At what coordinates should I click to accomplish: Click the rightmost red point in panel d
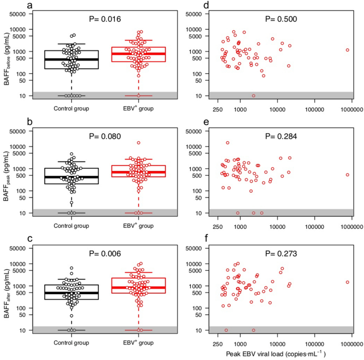pyautogui.click(x=348, y=50)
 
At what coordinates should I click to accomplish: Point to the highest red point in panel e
pyautogui.click(x=227, y=143)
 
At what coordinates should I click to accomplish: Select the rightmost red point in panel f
pyautogui.click(x=348, y=282)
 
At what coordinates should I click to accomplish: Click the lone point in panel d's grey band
pyautogui.click(x=253, y=96)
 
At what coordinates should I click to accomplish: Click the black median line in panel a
pyautogui.click(x=71, y=59)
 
